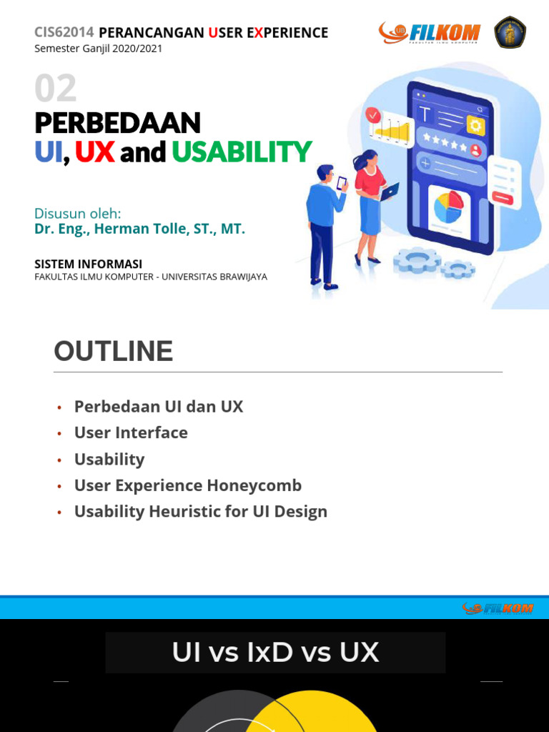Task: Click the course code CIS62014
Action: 64,32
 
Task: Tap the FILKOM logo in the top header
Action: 430,33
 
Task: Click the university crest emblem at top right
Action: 510,32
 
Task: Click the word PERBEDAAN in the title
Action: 118,123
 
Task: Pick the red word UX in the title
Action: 94,152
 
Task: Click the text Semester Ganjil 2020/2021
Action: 99,49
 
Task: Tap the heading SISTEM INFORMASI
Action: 89,264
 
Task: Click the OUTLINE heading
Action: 113,352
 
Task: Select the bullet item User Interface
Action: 131,432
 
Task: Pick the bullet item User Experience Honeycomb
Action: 188,485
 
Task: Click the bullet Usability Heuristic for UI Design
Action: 201,512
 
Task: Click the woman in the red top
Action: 370,204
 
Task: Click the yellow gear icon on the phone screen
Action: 475,126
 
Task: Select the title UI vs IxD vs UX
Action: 275,652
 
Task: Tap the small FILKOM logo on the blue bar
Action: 498,608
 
